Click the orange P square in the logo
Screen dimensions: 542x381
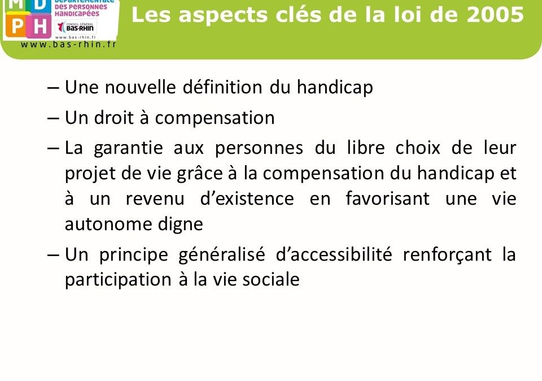pyautogui.click(x=16, y=25)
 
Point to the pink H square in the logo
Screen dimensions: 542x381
pyautogui.click(x=38, y=25)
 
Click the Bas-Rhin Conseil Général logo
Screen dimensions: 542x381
pyautogui.click(x=76, y=27)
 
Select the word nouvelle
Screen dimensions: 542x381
pyautogui.click(x=140, y=87)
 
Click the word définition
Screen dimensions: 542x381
pyautogui.click(x=222, y=87)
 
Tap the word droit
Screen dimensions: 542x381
pyautogui.click(x=113, y=118)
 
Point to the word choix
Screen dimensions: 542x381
pyautogui.click(x=418, y=148)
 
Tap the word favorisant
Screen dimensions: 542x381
pyautogui.click(x=387, y=198)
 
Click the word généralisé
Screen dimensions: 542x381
pyautogui.click(x=221, y=256)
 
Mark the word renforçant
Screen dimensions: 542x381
pyautogui.click(x=447, y=256)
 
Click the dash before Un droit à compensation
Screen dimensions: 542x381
pyautogui.click(x=53, y=118)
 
